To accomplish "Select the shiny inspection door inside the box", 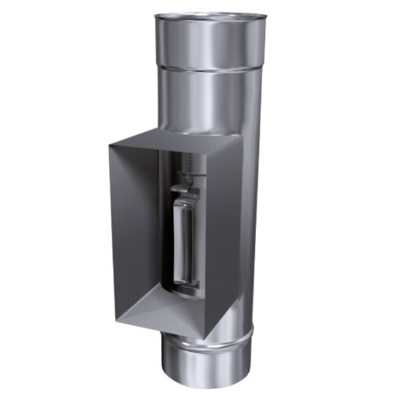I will click(x=182, y=239).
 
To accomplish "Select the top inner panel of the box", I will click(x=169, y=147).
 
